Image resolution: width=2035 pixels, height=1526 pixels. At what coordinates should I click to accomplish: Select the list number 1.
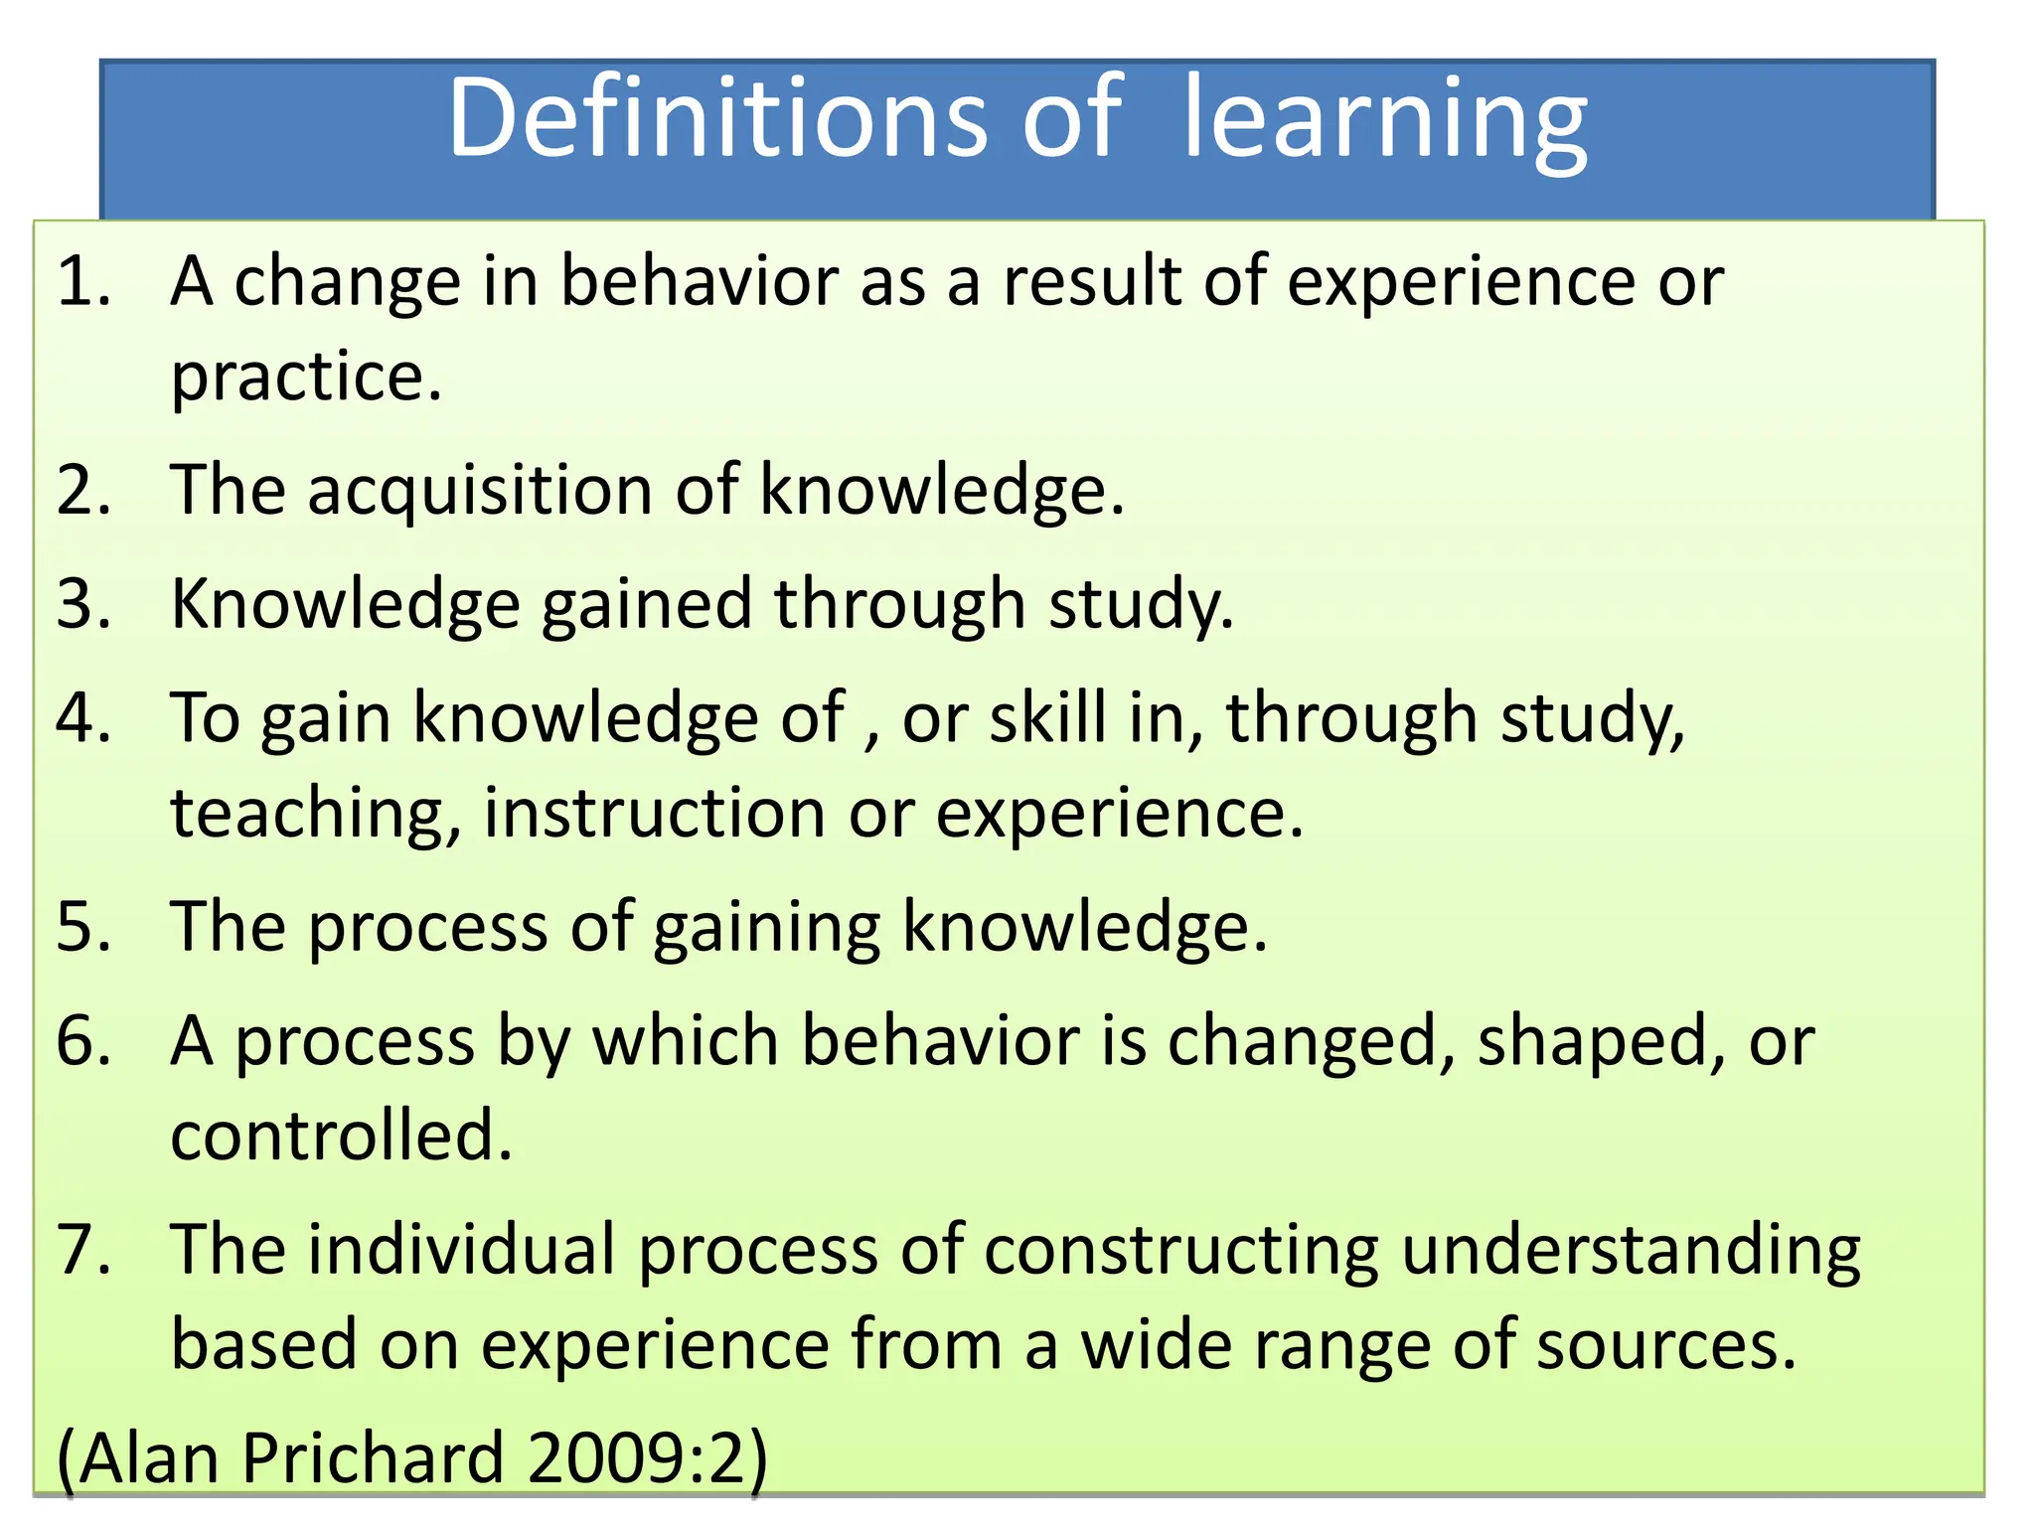pos(83,281)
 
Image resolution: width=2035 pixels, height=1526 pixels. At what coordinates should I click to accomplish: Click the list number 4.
pos(83,717)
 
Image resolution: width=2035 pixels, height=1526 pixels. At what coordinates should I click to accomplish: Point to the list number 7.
pos(83,1249)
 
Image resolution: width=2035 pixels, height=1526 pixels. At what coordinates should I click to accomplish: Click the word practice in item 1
pos(306,378)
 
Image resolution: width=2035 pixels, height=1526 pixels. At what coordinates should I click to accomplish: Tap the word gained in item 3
pos(646,604)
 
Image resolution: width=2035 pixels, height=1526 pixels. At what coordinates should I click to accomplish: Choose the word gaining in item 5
pos(766,927)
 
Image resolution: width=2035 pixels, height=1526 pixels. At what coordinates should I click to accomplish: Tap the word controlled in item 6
pos(341,1136)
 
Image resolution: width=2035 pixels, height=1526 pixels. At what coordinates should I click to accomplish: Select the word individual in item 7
pos(461,1249)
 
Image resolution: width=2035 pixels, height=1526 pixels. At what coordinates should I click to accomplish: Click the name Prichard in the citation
pos(373,1457)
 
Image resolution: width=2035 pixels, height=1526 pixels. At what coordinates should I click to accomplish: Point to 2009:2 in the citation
pos(636,1457)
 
